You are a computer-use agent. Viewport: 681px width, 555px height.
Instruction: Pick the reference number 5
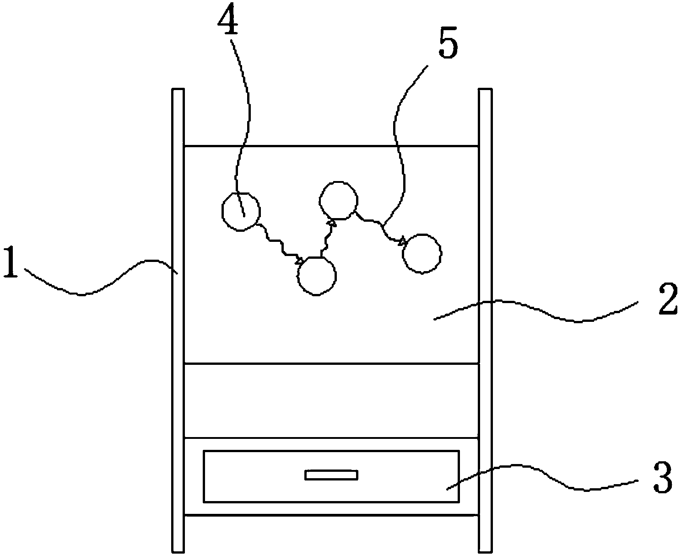point(448,46)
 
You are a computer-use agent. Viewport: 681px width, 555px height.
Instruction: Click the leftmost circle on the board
point(241,211)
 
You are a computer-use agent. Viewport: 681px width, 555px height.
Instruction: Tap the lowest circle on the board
point(317,276)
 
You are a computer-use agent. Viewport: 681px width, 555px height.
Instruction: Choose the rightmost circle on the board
point(422,253)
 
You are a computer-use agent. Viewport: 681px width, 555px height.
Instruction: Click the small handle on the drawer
point(331,475)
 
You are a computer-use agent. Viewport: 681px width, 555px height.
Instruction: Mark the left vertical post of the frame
point(178,320)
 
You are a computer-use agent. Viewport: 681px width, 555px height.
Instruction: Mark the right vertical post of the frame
point(485,320)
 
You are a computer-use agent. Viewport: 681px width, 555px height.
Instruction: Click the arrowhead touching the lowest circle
point(299,261)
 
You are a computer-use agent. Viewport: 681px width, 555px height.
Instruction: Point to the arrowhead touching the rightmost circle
point(402,241)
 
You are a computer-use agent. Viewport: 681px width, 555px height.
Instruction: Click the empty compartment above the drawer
point(331,400)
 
